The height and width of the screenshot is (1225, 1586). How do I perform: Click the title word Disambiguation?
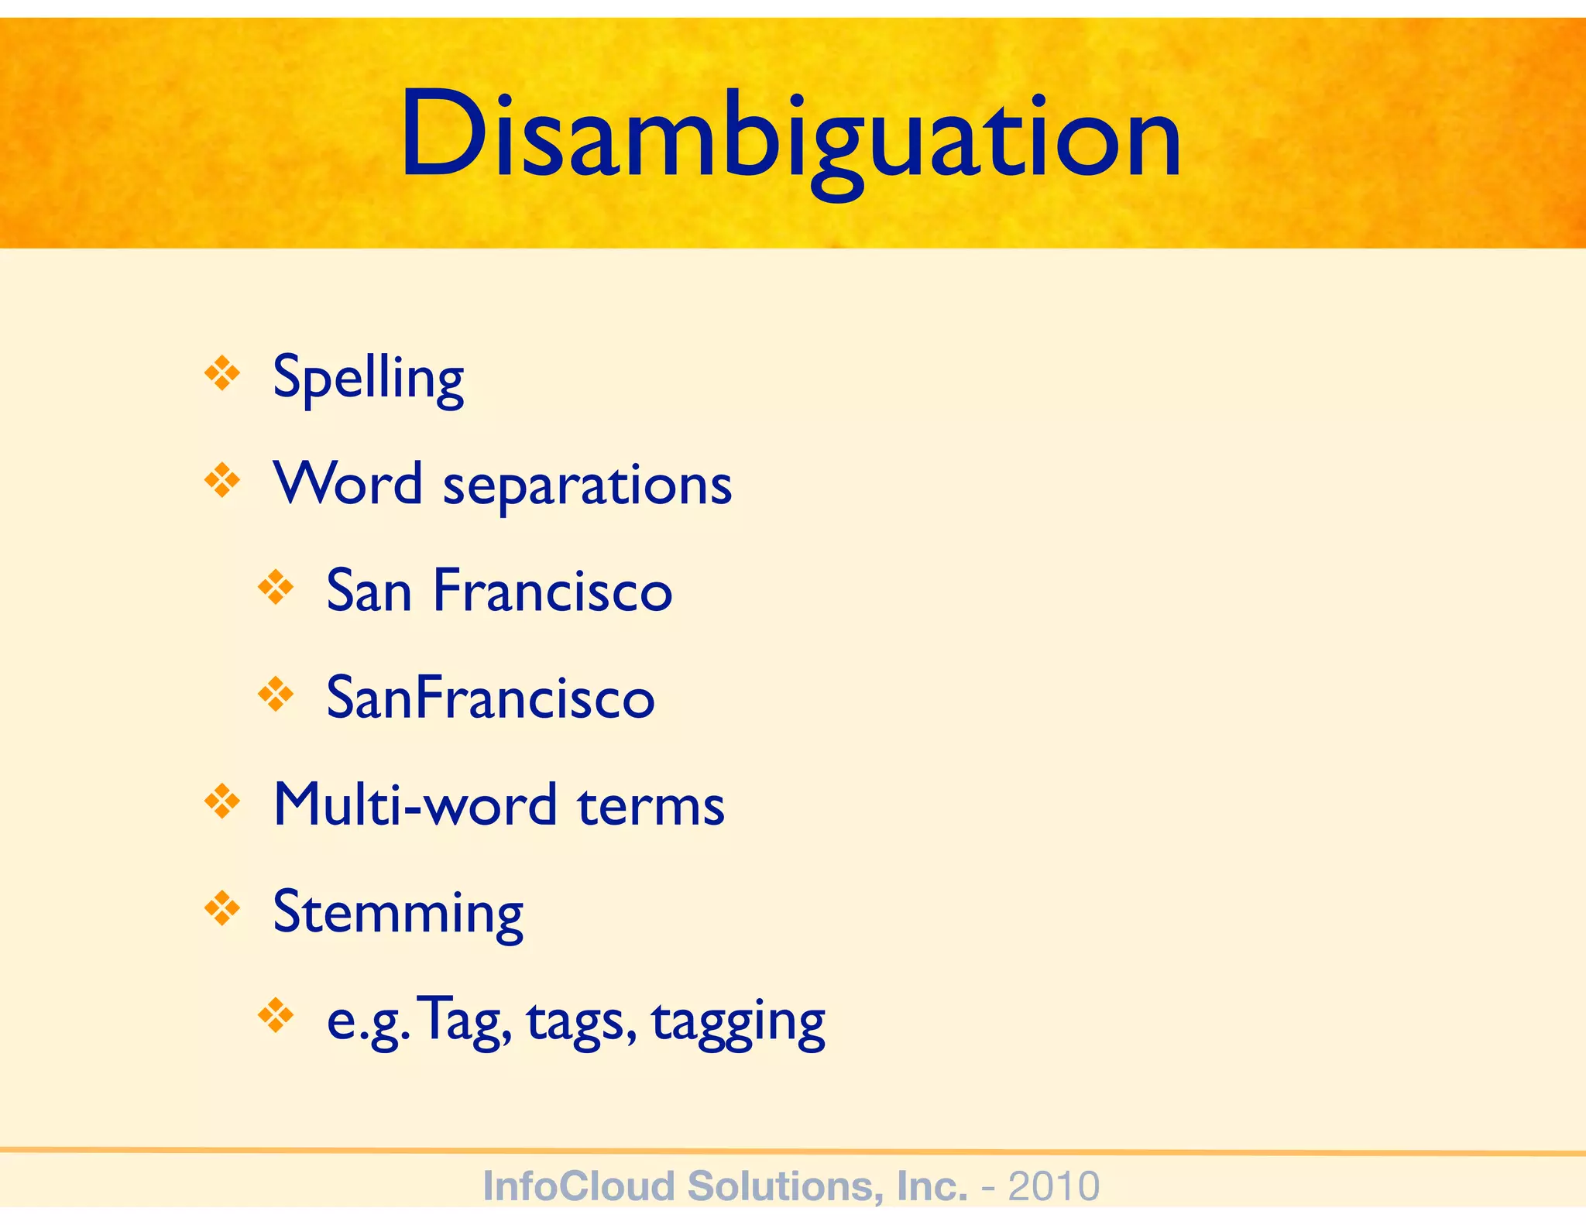pyautogui.click(x=790, y=136)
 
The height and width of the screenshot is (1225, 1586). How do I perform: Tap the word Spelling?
pyautogui.click(x=369, y=378)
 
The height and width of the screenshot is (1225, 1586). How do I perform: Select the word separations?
pyautogui.click(x=587, y=486)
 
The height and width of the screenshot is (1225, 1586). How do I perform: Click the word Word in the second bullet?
pyautogui.click(x=348, y=483)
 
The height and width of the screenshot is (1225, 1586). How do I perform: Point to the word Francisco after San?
pyautogui.click(x=552, y=591)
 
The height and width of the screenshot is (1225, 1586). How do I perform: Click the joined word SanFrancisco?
pyautogui.click(x=491, y=698)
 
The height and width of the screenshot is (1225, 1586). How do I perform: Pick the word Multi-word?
pyautogui.click(x=415, y=805)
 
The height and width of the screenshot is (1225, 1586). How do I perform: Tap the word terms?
pyautogui.click(x=651, y=805)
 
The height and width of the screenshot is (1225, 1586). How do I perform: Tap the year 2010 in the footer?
pyautogui.click(x=1053, y=1186)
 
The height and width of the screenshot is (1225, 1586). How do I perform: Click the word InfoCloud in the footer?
pyautogui.click(x=578, y=1186)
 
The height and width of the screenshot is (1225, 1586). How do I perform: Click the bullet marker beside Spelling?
pyautogui.click(x=222, y=373)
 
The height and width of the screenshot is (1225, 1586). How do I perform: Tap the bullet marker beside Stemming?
pyautogui.click(x=222, y=908)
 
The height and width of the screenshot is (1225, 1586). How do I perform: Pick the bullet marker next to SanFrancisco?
pyautogui.click(x=276, y=694)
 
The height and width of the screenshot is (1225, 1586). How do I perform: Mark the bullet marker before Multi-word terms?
pyautogui.click(x=222, y=801)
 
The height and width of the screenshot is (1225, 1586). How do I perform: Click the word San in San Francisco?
pyautogui.click(x=369, y=591)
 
